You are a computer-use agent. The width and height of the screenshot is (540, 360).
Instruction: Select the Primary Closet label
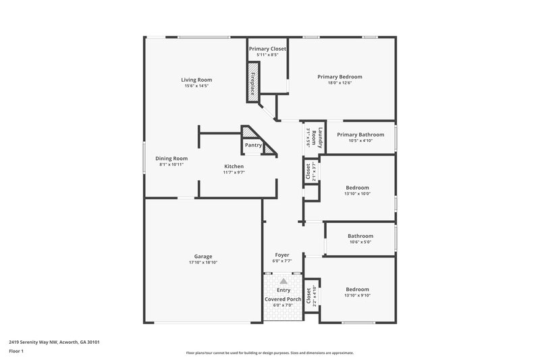[x=267, y=49]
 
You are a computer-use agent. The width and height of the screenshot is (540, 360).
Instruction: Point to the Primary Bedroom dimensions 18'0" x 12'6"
[x=340, y=84]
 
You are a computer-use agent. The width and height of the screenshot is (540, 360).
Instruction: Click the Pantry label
[x=253, y=145]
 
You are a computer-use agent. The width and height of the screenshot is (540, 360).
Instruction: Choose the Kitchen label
[x=234, y=166]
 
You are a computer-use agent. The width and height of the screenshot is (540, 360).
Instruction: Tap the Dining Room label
[x=171, y=158]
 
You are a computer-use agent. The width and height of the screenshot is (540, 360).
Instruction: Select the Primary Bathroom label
[x=360, y=134]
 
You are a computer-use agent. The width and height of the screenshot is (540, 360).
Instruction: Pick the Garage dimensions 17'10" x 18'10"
[x=203, y=263]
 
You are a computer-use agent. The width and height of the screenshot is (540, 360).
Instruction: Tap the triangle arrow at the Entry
[x=283, y=280]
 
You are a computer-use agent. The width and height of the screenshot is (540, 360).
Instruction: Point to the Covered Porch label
[x=283, y=299]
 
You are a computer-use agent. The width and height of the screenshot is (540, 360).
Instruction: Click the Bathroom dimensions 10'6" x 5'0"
[x=360, y=242]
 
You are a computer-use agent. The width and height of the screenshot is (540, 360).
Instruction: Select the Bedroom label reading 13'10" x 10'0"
[x=357, y=187]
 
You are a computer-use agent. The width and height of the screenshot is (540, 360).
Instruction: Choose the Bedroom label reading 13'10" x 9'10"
[x=357, y=288]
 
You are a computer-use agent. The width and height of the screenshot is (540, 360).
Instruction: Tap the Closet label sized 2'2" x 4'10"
[x=308, y=294]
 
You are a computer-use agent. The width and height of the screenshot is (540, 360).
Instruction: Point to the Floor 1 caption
[x=16, y=351]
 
